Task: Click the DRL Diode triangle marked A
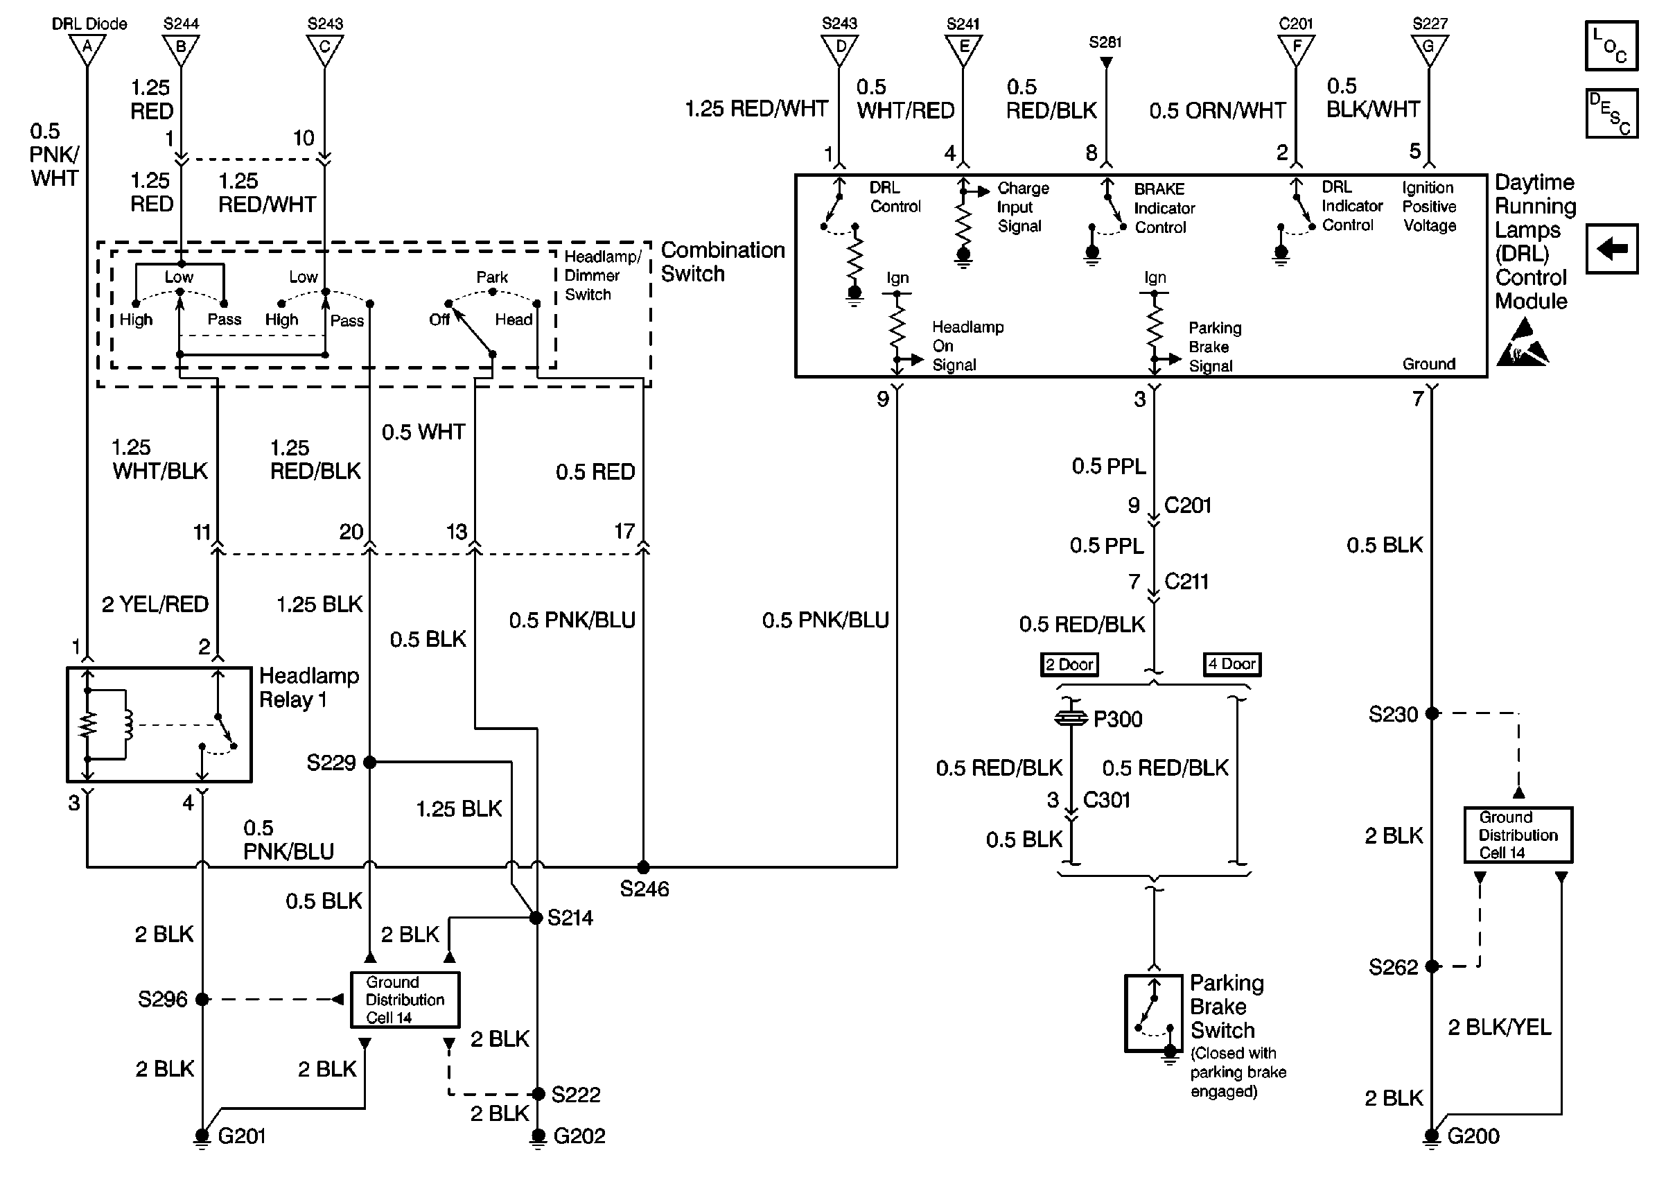(x=87, y=49)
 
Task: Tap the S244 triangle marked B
(x=180, y=49)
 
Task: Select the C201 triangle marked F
(x=1296, y=49)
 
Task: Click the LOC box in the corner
(x=1611, y=46)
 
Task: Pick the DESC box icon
(x=1611, y=114)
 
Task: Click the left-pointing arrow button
(x=1611, y=249)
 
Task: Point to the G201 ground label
(x=241, y=1136)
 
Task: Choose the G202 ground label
(x=579, y=1136)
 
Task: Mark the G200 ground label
(x=1473, y=1136)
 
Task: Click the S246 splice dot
(x=643, y=867)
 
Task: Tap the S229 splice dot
(x=369, y=763)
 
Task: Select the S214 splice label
(x=570, y=917)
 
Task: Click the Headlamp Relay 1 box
(x=159, y=724)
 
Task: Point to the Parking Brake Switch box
(x=1154, y=1013)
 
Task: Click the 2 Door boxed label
(x=1069, y=664)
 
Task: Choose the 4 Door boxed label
(x=1232, y=663)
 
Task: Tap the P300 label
(x=1117, y=720)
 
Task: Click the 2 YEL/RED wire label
(x=155, y=605)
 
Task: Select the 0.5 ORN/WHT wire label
(x=1217, y=111)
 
